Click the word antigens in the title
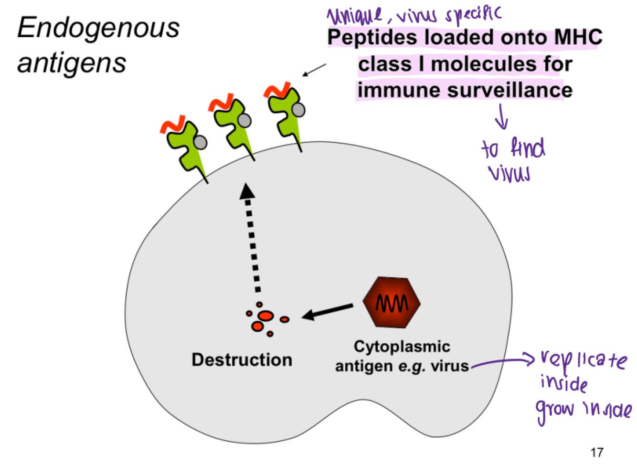72,63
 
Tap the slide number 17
596,452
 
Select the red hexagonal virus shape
392,302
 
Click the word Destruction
242,360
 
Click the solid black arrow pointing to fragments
328,311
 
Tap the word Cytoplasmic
402,346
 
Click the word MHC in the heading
578,38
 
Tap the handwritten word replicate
584,360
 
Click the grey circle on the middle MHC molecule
244,120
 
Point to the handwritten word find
527,148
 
